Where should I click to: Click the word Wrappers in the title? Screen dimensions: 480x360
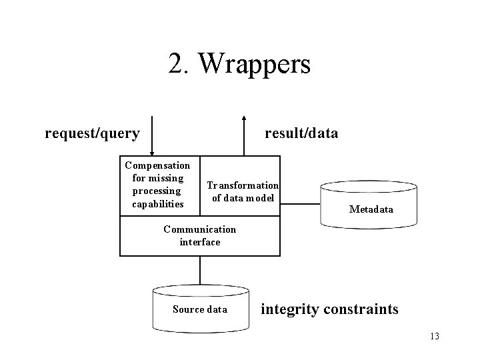[255, 64]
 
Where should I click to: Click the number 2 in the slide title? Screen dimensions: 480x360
[176, 63]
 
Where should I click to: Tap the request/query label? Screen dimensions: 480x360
[92, 134]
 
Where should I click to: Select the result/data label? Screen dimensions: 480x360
[301, 133]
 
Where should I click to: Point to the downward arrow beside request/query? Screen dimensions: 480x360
[152, 136]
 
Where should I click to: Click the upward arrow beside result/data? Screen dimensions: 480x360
[244, 136]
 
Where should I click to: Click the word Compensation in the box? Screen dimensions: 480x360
[157, 166]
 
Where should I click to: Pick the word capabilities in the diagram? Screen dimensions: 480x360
[158, 205]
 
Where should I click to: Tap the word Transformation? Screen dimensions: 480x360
[243, 185]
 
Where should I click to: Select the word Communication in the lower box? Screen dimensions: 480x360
[200, 229]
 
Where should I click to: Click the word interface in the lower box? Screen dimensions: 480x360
[200, 242]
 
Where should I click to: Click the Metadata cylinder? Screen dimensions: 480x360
[369, 205]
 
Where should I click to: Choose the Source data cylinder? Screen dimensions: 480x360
[201, 309]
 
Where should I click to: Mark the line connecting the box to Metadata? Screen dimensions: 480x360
[300, 203]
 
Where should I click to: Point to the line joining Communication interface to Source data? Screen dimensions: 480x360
[200, 271]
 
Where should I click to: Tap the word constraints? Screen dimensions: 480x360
[361, 309]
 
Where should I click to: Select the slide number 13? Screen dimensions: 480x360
[435, 336]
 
